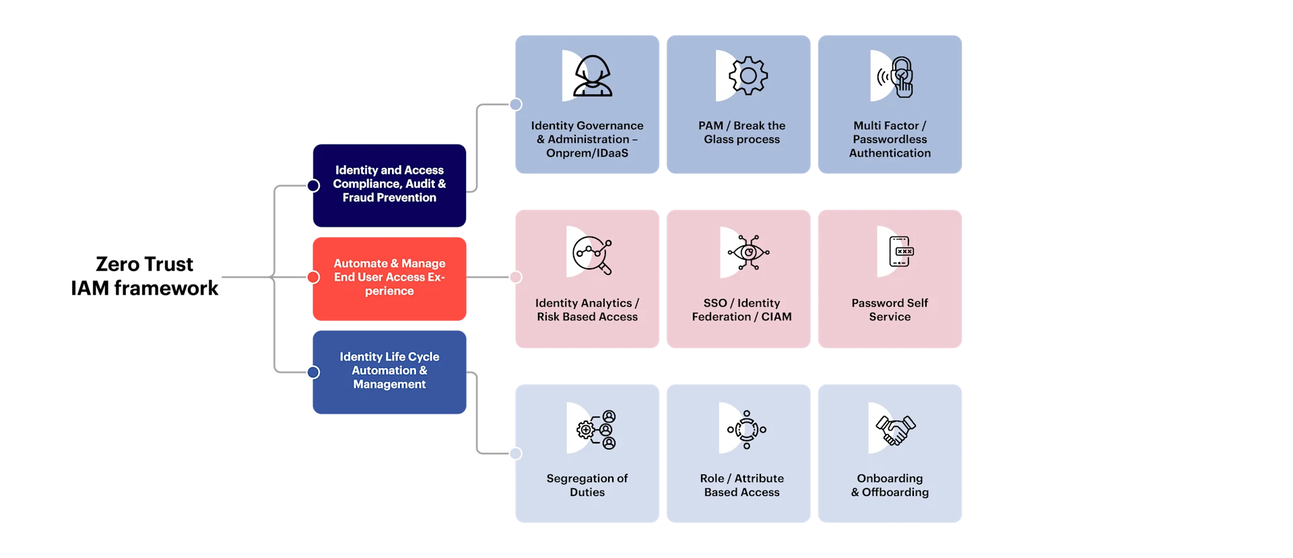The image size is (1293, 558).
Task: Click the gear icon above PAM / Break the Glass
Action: click(748, 75)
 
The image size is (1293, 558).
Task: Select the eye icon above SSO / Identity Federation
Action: click(748, 253)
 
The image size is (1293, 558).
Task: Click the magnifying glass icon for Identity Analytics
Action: click(593, 255)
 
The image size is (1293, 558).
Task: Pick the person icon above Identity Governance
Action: click(592, 75)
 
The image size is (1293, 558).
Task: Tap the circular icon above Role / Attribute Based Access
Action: click(746, 429)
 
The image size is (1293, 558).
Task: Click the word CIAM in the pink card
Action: click(776, 317)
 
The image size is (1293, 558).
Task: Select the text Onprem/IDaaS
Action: click(587, 153)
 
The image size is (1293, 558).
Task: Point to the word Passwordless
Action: click(890, 139)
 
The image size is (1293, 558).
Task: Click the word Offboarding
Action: click(895, 493)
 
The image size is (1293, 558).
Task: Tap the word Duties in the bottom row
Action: click(587, 493)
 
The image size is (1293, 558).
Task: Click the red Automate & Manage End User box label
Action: click(389, 277)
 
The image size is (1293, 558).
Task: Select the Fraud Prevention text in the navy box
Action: click(389, 197)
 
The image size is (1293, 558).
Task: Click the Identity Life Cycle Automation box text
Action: click(389, 370)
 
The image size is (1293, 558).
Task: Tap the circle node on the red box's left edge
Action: click(313, 277)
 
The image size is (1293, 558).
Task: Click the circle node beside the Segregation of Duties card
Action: click(515, 454)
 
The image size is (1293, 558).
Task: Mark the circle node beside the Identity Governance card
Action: click(515, 104)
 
